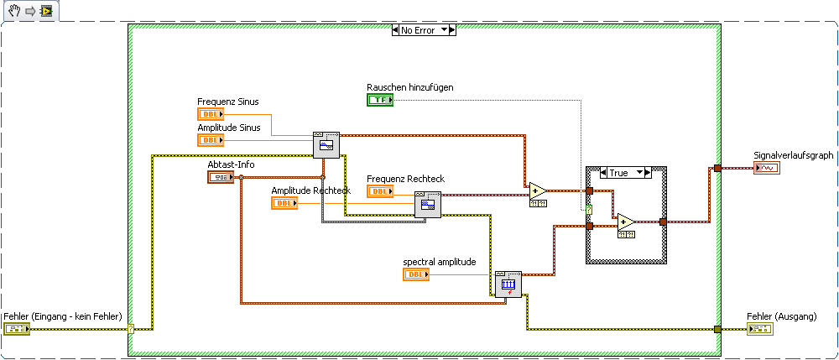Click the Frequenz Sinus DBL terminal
point(211,114)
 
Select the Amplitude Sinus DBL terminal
point(211,140)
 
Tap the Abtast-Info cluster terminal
point(221,177)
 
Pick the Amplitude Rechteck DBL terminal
point(284,203)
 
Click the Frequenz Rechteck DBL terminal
point(380,191)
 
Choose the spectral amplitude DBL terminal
point(416,274)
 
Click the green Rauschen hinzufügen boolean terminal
point(380,101)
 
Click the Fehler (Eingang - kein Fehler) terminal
point(17,329)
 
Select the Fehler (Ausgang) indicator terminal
point(760,329)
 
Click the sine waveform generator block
point(326,145)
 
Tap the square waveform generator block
point(428,204)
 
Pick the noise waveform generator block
point(508,285)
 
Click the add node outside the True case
point(537,191)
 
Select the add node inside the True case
point(626,222)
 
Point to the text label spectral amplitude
point(440,261)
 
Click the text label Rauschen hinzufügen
point(409,87)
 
